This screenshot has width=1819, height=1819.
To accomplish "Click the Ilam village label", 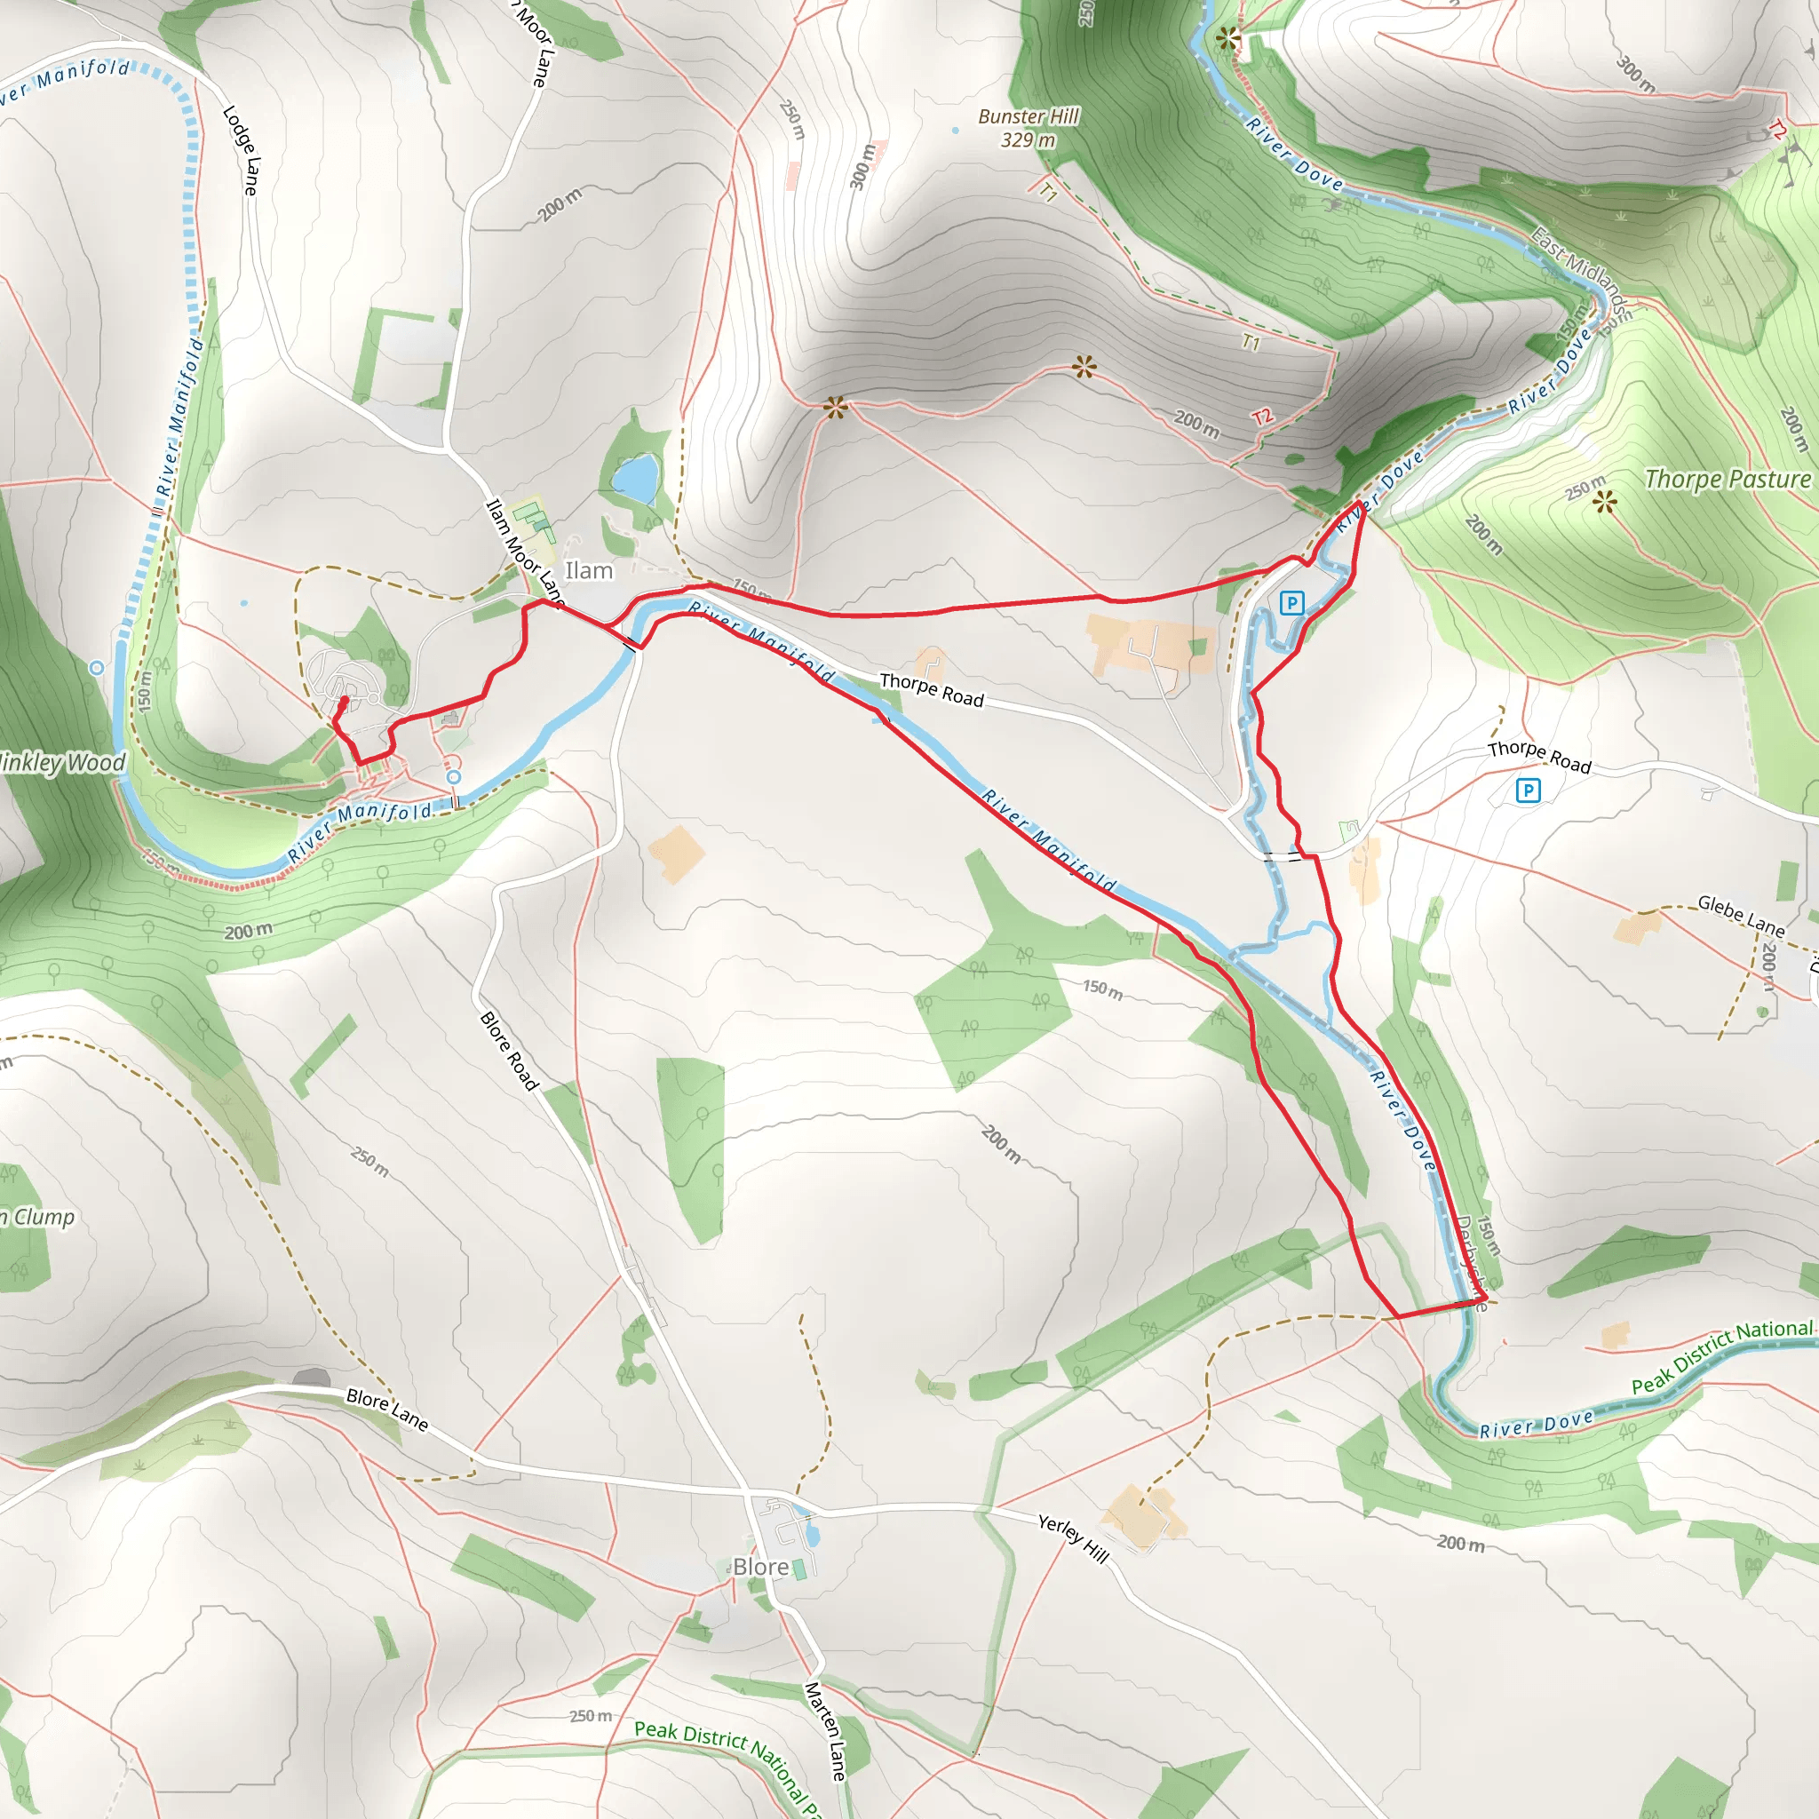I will pos(589,570).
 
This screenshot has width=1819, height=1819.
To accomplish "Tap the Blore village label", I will pos(761,1567).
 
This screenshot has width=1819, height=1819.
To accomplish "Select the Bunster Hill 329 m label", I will pos(1029,128).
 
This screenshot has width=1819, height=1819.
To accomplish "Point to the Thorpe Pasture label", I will pos(1727,480).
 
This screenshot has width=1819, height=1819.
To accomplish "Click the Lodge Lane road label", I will pos(240,150).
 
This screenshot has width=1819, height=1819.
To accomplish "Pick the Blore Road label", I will pos(509,1051).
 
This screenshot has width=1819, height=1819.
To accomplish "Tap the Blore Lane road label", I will pos(387,1410).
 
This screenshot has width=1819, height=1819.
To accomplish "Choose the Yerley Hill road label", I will pos(1073,1537).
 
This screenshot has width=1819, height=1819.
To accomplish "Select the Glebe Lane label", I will pos(1741,916).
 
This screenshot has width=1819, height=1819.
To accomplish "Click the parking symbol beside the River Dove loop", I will pos(1291,602).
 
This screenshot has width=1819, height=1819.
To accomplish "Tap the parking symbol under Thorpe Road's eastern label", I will pos(1528,790).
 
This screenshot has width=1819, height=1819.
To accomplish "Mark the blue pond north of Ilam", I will pos(636,479).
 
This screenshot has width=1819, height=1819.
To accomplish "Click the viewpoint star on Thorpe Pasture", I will pos(1605,501).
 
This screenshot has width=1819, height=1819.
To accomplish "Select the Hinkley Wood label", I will pos(62,762).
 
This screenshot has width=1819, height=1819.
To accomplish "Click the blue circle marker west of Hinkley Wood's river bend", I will pos(96,668).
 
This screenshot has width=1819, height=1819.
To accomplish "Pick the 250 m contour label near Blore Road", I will pos(369,1163).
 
